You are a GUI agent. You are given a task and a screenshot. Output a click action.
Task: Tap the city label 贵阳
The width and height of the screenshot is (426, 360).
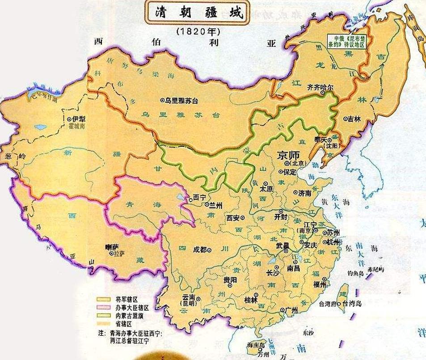point(231,280)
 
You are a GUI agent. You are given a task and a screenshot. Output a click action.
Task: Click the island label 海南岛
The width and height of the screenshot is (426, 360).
point(256,345)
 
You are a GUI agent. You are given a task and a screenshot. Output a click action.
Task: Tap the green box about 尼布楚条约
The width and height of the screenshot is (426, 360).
point(346,42)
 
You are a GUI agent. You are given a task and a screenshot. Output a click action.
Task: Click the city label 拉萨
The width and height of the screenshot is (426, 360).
point(118,253)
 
